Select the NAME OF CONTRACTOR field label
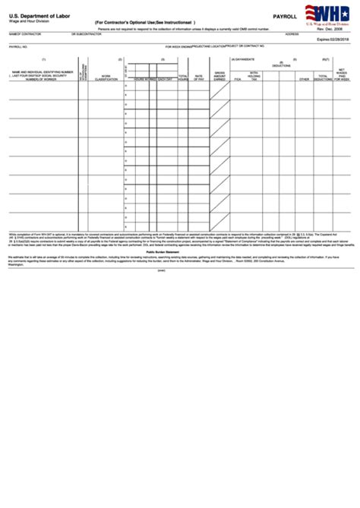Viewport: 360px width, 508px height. point(23,34)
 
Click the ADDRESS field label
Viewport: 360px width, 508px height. point(292,34)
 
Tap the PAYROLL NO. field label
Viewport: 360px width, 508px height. point(18,46)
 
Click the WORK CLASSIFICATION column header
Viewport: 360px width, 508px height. point(106,77)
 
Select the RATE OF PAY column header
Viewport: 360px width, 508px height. point(199,77)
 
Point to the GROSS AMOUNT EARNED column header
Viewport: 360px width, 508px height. point(219,77)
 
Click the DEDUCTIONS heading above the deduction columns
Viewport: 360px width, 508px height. point(280,65)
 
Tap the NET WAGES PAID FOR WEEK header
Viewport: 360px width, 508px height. point(343,75)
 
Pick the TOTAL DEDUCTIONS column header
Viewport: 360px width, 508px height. point(322,77)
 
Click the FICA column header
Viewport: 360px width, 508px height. point(237,79)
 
